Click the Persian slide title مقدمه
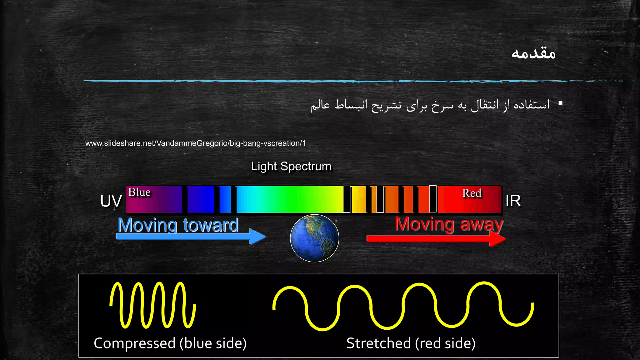[533, 53]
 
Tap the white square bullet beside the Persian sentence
[560, 103]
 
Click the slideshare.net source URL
[195, 143]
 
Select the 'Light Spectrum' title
[291, 166]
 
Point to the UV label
[111, 201]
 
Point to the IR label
[513, 201]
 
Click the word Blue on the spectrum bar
[139, 192]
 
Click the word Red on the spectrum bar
[472, 193]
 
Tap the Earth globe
[314, 238]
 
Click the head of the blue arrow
[258, 237]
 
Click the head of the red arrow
[497, 239]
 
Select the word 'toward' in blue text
[211, 225]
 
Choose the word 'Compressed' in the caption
[135, 343]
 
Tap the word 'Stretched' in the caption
[378, 343]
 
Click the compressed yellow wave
[153, 305]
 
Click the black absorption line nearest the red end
[433, 199]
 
